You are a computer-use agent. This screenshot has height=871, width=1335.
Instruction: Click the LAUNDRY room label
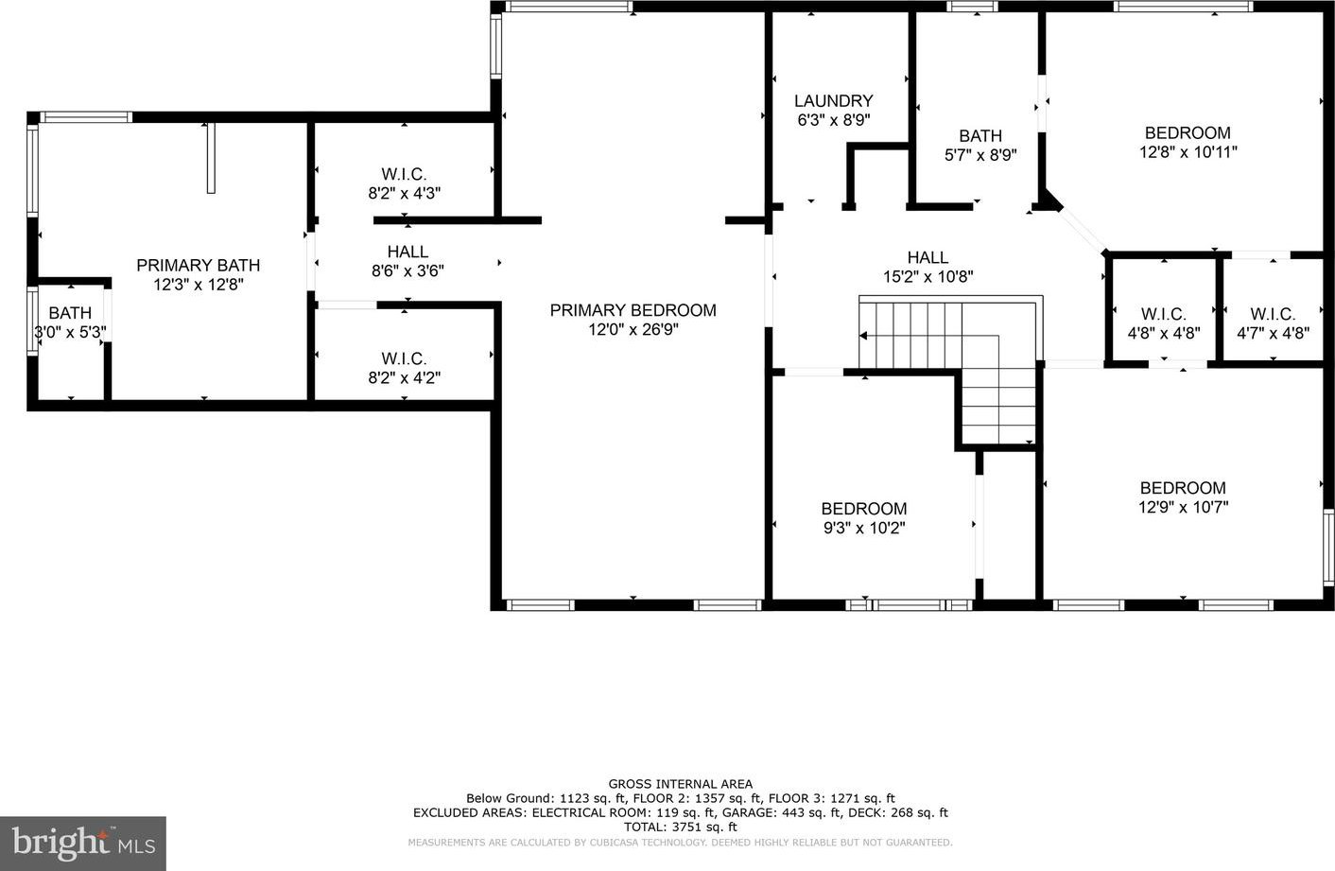pos(833,101)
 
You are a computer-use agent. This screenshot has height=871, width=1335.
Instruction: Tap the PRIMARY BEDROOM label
pos(633,310)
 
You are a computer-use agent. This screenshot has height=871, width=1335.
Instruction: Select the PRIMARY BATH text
pos(199,266)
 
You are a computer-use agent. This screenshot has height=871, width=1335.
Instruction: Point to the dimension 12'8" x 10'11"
pos(1188,152)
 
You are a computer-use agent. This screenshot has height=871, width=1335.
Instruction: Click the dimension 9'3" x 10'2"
pos(864,529)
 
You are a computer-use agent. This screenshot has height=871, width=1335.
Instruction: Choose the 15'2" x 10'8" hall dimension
pos(928,277)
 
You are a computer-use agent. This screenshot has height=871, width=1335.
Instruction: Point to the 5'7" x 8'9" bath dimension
pos(980,155)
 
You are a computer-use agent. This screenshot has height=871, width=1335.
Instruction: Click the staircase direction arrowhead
pos(862,336)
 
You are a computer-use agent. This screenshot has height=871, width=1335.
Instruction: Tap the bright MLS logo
pos(83,843)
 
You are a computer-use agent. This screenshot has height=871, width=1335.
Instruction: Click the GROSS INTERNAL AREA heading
pos(680,785)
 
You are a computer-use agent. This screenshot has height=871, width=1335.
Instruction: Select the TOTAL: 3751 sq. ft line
pos(680,827)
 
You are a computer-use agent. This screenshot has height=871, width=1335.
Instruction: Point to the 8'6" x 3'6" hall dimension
pos(407,271)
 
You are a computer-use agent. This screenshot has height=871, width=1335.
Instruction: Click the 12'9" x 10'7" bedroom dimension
pos(1183,507)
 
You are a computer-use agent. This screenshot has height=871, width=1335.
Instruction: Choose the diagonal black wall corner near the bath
pos(1050,201)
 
